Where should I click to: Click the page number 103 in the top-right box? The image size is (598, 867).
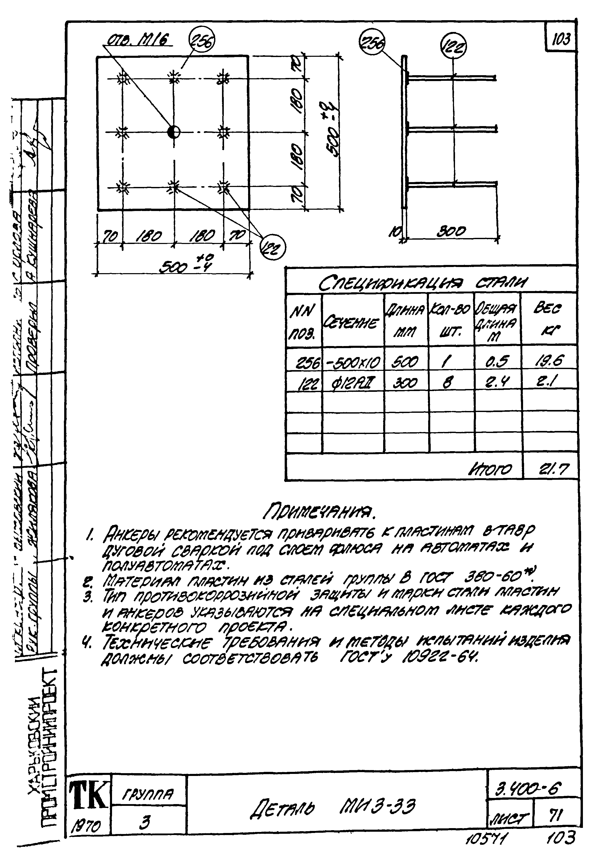point(561,39)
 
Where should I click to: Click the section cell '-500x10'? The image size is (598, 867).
point(353,362)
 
